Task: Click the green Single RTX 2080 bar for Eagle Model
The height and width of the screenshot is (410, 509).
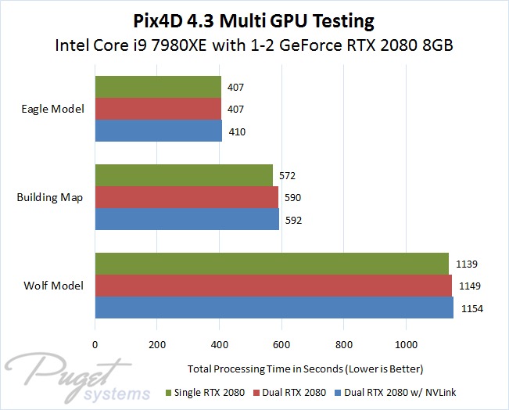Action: (158, 87)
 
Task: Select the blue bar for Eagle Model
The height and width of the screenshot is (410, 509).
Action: (159, 131)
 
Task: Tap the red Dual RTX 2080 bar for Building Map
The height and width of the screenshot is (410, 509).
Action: (187, 198)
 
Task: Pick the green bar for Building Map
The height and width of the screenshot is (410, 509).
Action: (184, 176)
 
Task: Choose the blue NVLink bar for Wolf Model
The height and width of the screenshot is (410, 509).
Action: (274, 308)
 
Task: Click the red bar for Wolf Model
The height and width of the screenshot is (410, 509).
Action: (274, 286)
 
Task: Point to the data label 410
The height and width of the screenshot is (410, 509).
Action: (238, 132)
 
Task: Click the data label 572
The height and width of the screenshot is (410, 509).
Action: (287, 176)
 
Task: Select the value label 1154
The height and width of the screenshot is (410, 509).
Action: (472, 309)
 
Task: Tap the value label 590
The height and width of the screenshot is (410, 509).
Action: (292, 199)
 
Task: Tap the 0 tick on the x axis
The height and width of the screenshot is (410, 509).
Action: (95, 343)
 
